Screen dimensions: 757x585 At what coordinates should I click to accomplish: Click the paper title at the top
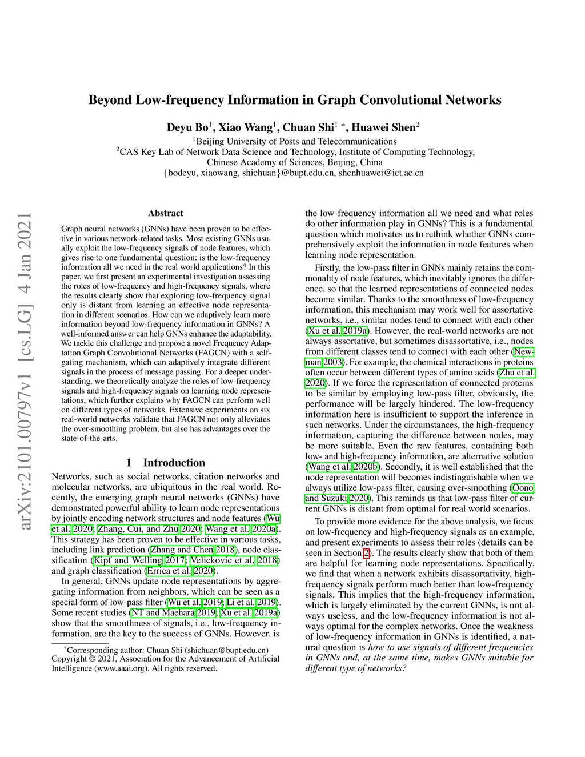[x=295, y=101]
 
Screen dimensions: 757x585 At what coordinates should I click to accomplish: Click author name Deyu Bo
[x=187, y=127]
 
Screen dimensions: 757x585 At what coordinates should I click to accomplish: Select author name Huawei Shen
[x=383, y=127]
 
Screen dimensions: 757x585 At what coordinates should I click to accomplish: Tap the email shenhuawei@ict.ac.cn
[x=381, y=173]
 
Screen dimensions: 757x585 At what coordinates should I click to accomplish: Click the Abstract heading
[x=166, y=213]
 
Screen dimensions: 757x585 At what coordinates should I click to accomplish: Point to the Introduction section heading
[x=166, y=463]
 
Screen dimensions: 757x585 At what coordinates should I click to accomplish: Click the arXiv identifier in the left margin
[x=24, y=371]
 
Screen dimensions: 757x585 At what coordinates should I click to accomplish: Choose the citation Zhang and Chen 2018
[x=193, y=550]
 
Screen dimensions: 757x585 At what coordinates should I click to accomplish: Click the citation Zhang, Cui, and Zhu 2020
[x=149, y=529]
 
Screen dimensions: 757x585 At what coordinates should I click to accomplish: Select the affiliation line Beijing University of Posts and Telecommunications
[x=295, y=141]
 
